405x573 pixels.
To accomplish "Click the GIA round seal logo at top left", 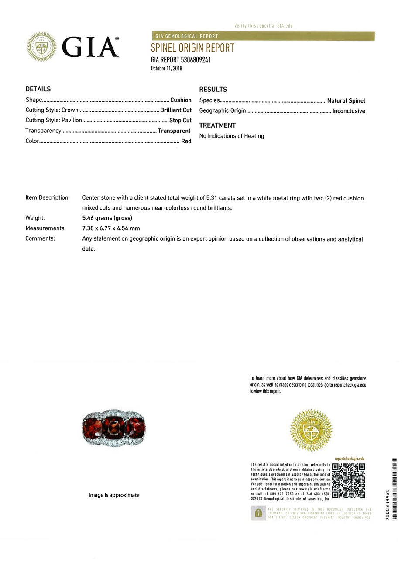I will coord(41,46).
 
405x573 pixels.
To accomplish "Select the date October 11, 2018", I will coord(166,68).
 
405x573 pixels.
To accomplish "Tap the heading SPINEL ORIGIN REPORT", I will coord(192,48).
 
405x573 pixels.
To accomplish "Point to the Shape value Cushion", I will coord(181,100).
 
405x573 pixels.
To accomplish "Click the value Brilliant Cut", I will coord(175,110).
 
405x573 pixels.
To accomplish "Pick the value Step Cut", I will coord(180,120).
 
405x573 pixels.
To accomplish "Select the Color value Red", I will coord(186,141).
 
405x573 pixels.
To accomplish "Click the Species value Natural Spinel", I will coord(346,100).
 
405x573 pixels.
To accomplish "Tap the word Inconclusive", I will coord(349,111).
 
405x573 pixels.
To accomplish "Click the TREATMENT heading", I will coord(217,125).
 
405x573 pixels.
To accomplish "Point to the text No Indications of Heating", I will coord(231,136).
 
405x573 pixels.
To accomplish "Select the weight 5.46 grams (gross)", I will coord(107,218).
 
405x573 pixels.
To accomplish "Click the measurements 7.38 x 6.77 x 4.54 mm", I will coord(111,228).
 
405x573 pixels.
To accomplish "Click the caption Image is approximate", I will coord(114,495).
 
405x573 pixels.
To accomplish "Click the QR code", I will coord(348,480).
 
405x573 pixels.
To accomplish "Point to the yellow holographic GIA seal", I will coord(311,430).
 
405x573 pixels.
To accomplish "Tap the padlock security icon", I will coord(258,512).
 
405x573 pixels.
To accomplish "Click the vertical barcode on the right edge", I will coord(395,489).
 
